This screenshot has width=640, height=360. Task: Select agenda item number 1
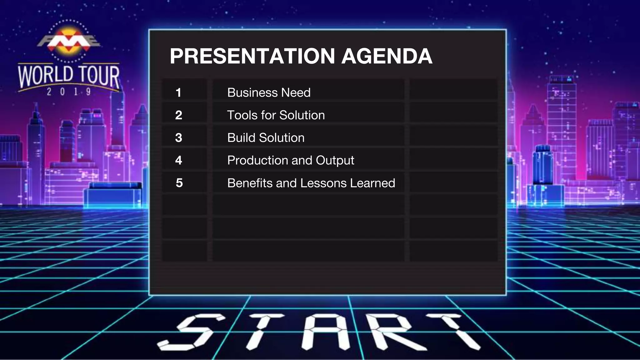tap(178, 92)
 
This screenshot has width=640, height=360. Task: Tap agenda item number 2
tap(178, 115)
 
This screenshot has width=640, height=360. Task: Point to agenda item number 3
tap(178, 137)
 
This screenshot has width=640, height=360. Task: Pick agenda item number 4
tap(178, 160)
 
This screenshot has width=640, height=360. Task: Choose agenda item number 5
tap(179, 183)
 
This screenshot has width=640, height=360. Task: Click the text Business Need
tap(269, 92)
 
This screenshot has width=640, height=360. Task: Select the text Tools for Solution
tap(276, 115)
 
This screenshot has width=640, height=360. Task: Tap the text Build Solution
tap(266, 137)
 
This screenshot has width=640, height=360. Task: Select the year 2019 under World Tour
tap(69, 92)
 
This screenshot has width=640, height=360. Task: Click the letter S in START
tap(191, 332)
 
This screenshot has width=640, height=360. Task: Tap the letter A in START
tap(325, 332)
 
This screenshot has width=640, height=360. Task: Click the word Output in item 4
tap(335, 160)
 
